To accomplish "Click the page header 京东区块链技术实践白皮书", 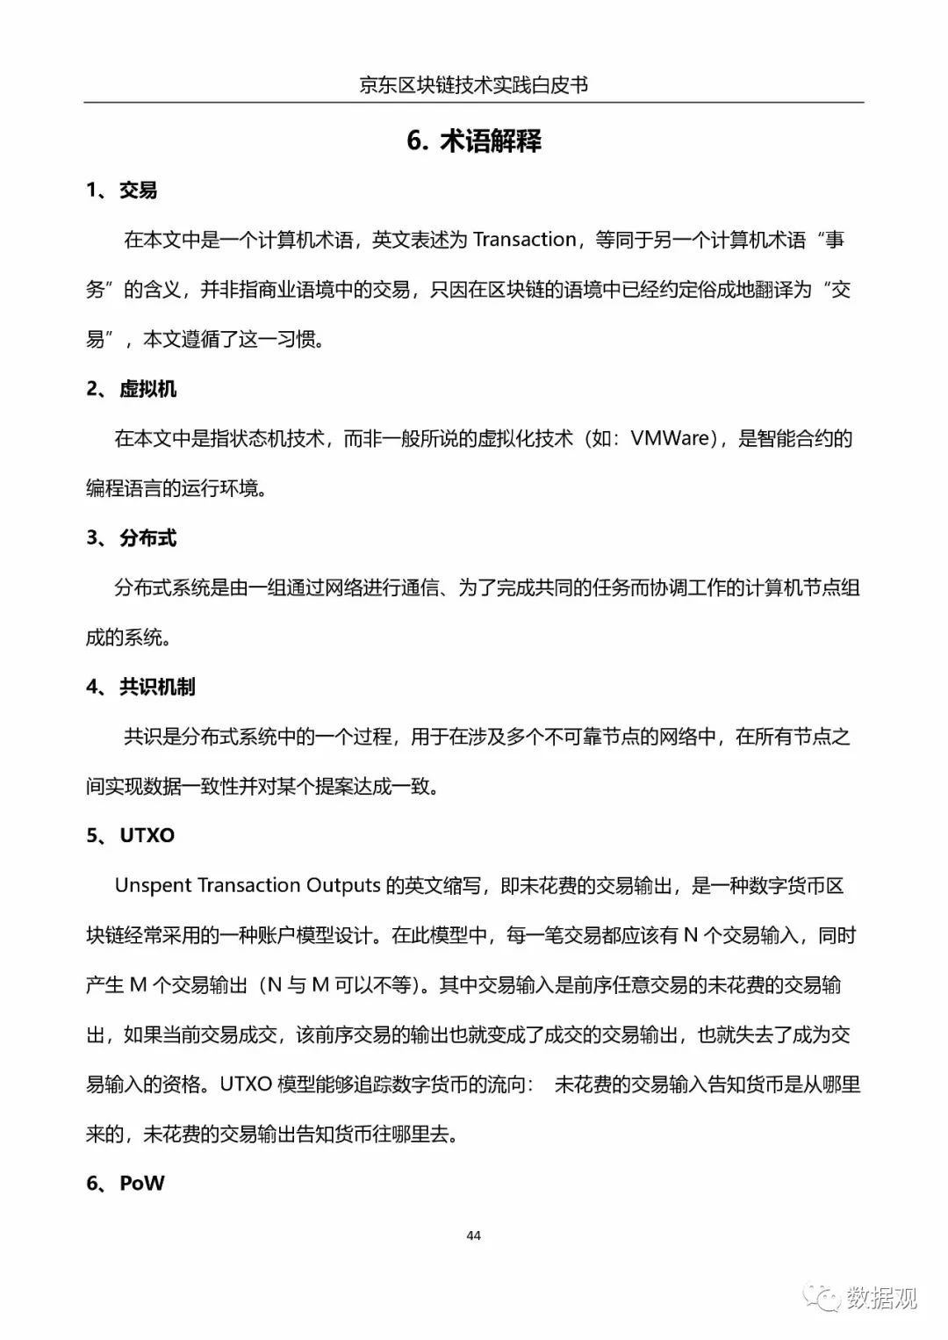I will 473,84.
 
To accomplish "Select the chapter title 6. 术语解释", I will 474,140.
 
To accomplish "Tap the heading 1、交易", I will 122,190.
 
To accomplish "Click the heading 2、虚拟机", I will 132,389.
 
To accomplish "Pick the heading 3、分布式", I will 132,538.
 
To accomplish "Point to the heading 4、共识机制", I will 140,687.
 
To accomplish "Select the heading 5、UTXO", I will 131,835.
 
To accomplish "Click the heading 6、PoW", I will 126,1183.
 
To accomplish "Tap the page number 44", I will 474,1236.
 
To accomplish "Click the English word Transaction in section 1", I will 525,240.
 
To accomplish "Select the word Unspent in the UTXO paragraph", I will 154,885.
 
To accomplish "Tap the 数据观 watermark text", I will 882,1297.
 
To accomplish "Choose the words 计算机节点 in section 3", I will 793,587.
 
